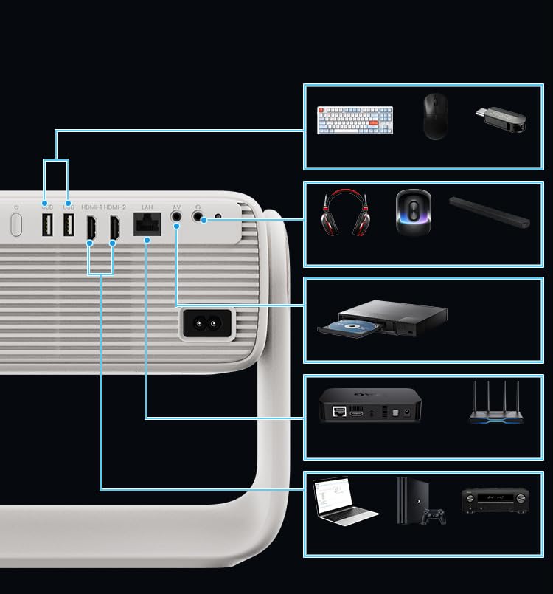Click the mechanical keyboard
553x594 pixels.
pos(355,120)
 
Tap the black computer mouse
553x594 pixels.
pos(435,117)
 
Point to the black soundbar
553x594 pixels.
pos(490,212)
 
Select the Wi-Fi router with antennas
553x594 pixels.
pos(496,405)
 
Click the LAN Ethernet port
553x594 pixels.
pos(147,224)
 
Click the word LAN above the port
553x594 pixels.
pos(147,207)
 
